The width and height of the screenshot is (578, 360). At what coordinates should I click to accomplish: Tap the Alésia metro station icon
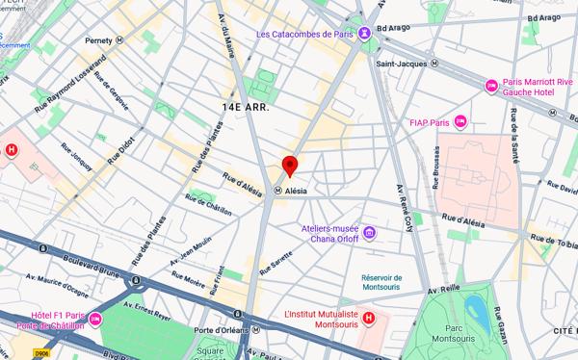point(278,191)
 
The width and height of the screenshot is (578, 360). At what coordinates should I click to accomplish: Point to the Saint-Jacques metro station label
point(401,64)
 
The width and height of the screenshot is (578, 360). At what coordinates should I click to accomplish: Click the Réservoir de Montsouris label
point(389,270)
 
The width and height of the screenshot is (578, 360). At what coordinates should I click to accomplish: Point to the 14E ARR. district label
point(245,107)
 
